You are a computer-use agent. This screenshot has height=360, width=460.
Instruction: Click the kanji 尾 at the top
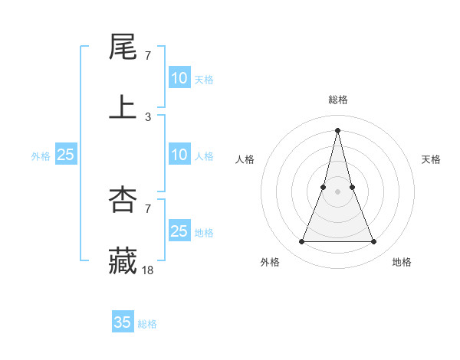(x=123, y=47)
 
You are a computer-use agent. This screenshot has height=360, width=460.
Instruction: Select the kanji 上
(x=123, y=106)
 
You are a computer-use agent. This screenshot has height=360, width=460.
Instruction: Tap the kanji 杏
(x=123, y=200)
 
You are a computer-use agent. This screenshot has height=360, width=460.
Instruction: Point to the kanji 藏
(x=123, y=260)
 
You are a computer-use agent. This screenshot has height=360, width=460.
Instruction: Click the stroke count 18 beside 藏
(x=148, y=270)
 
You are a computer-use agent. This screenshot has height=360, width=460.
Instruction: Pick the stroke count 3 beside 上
(x=148, y=116)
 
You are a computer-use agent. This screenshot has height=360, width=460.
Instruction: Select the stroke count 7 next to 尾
(x=148, y=56)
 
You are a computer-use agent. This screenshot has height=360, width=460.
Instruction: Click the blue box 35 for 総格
(x=123, y=322)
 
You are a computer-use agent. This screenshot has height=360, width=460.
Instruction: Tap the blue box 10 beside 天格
(x=179, y=78)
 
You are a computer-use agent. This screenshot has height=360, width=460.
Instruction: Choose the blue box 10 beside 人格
(x=179, y=155)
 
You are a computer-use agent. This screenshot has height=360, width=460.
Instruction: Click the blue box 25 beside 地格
(x=179, y=231)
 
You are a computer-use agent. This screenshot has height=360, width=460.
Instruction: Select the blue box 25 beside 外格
(x=66, y=155)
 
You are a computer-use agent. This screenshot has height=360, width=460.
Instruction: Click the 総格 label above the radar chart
(x=338, y=100)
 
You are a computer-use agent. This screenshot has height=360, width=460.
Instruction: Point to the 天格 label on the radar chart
(x=431, y=159)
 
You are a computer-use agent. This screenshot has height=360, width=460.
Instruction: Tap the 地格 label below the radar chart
(x=402, y=262)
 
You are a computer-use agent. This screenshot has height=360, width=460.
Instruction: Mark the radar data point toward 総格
(x=338, y=129)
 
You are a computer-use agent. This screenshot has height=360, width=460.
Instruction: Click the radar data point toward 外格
(x=302, y=242)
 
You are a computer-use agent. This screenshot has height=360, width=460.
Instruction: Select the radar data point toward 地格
(x=374, y=242)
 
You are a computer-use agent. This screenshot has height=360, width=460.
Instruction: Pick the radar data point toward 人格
(x=324, y=187)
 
